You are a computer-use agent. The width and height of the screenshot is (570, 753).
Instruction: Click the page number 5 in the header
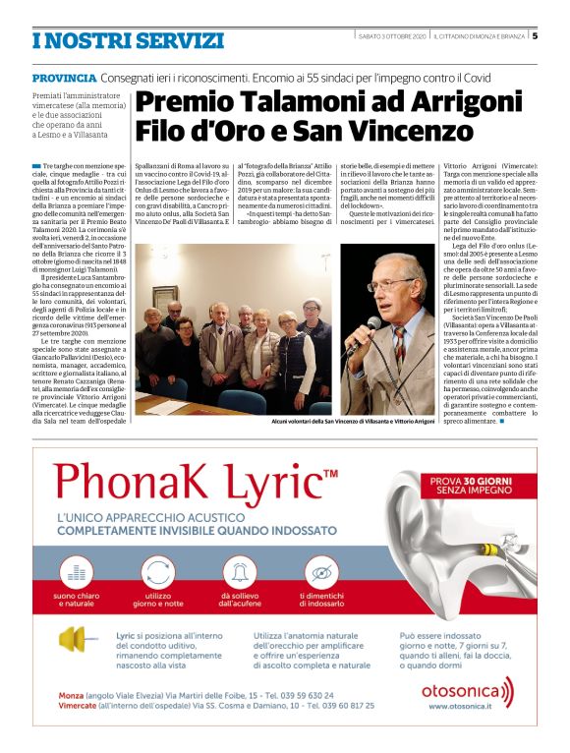tap(536, 36)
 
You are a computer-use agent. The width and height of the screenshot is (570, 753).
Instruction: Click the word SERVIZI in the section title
tap(172, 40)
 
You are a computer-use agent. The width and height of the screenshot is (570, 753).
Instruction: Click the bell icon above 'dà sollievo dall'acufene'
tap(239, 570)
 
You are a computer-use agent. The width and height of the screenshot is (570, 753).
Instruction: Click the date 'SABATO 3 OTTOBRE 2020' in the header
tap(392, 36)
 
